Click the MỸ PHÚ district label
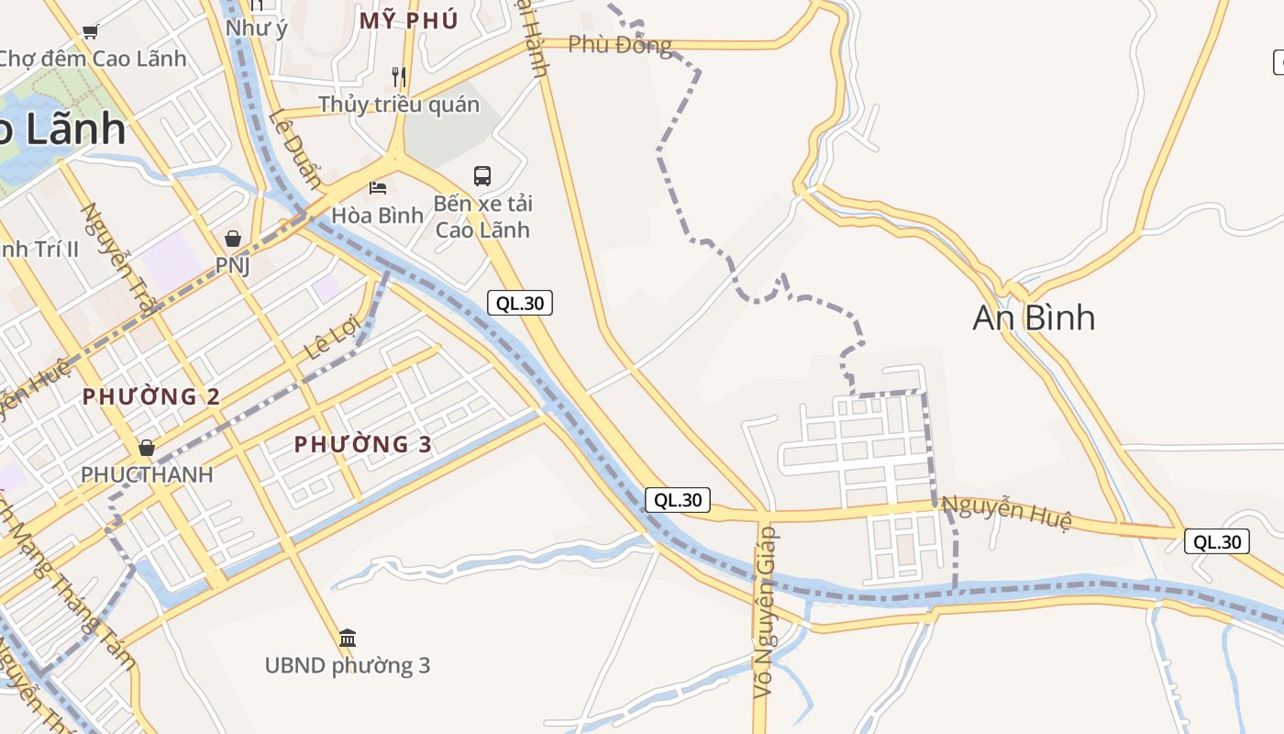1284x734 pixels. (408, 20)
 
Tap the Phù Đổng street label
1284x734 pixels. (620, 44)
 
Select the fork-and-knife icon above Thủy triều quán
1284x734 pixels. (398, 76)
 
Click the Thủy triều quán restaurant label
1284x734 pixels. (399, 104)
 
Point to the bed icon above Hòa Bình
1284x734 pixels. (378, 188)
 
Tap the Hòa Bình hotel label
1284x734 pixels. (378, 215)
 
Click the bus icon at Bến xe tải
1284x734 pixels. (482, 175)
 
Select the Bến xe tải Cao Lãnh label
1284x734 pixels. (482, 216)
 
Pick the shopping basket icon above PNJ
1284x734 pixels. (233, 239)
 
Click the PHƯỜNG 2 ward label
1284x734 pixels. (151, 396)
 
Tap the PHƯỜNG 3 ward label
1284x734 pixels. (363, 444)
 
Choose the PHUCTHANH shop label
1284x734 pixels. (147, 474)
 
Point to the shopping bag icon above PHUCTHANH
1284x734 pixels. (147, 448)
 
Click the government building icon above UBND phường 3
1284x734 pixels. (348, 638)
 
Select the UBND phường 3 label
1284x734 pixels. (348, 665)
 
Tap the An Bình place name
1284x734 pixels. (1034, 317)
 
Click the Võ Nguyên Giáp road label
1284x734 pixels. (764, 612)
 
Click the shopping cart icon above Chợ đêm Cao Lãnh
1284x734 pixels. (91, 32)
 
